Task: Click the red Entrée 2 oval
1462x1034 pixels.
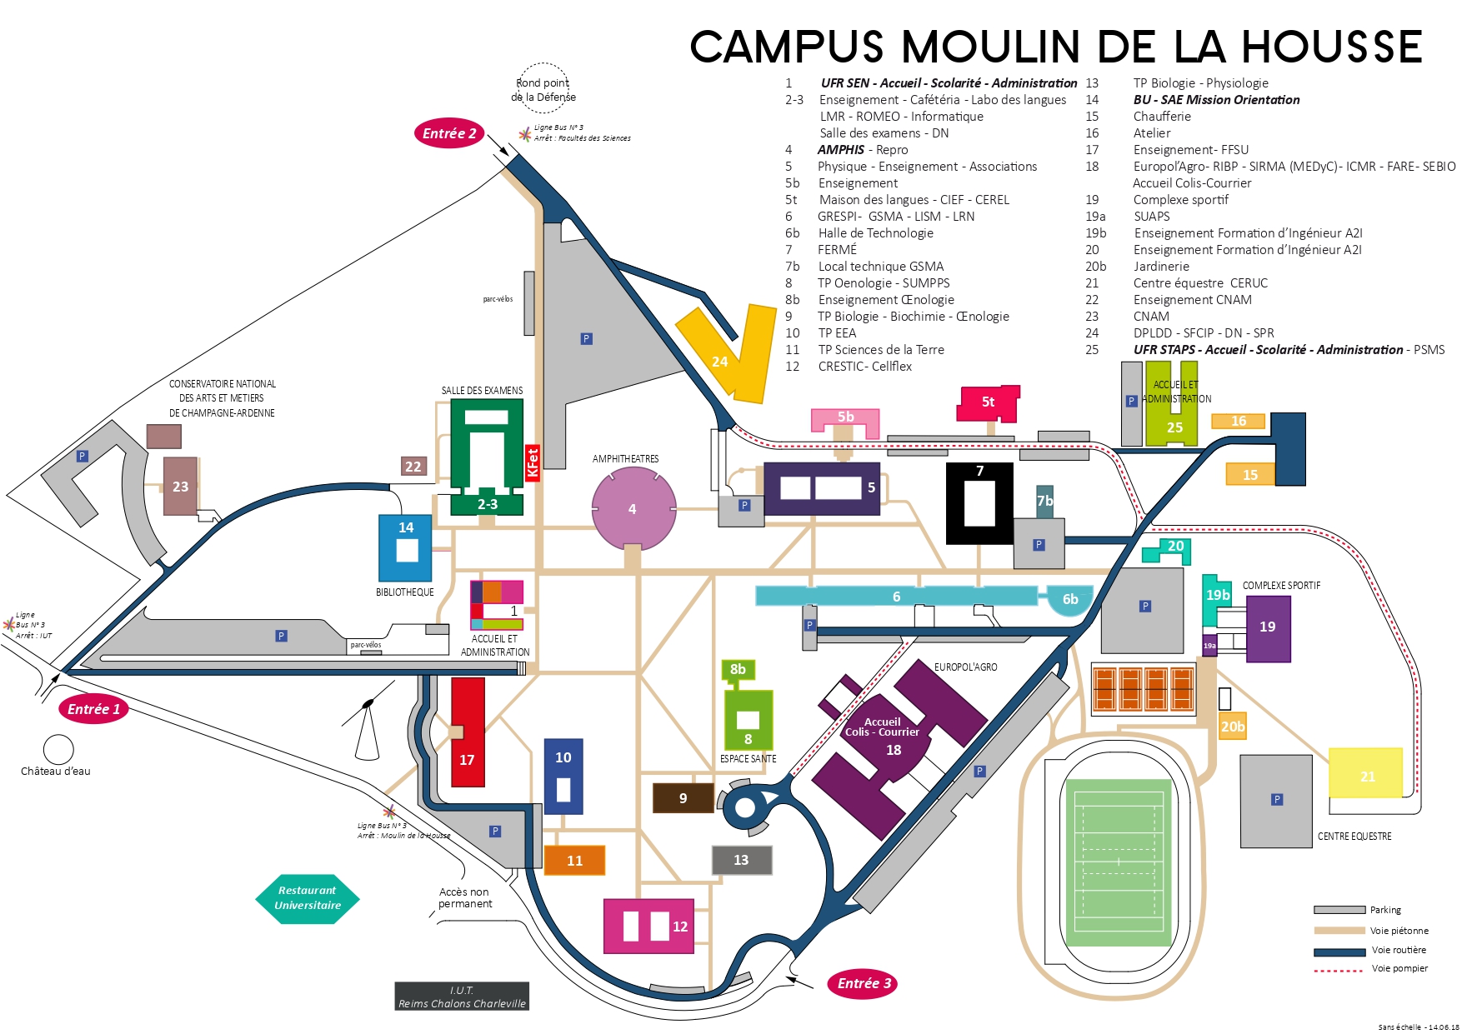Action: pyautogui.click(x=449, y=133)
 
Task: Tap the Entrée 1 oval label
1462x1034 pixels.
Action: pyautogui.click(x=93, y=709)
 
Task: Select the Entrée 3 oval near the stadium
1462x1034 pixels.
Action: pyautogui.click(x=864, y=983)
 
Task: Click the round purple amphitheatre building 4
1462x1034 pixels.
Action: pyautogui.click(x=633, y=508)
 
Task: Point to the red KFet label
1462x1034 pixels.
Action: pyautogui.click(x=533, y=462)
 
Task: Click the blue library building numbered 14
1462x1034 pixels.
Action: pyautogui.click(x=405, y=547)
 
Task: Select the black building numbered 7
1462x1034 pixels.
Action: pyautogui.click(x=979, y=504)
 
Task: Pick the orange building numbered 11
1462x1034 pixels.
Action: pyautogui.click(x=574, y=861)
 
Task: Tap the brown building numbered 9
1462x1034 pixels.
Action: pyautogui.click(x=683, y=798)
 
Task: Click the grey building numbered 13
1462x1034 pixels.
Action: pyautogui.click(x=741, y=860)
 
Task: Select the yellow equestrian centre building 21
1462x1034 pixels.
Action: pyautogui.click(x=1365, y=773)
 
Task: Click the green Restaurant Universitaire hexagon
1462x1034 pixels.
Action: pyautogui.click(x=308, y=898)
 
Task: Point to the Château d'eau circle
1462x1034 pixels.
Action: pyautogui.click(x=58, y=750)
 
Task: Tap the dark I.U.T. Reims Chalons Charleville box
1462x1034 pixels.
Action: pyautogui.click(x=462, y=997)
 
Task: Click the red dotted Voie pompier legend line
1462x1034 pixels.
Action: pyautogui.click(x=1339, y=970)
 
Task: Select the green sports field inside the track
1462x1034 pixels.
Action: pyautogui.click(x=1119, y=862)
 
